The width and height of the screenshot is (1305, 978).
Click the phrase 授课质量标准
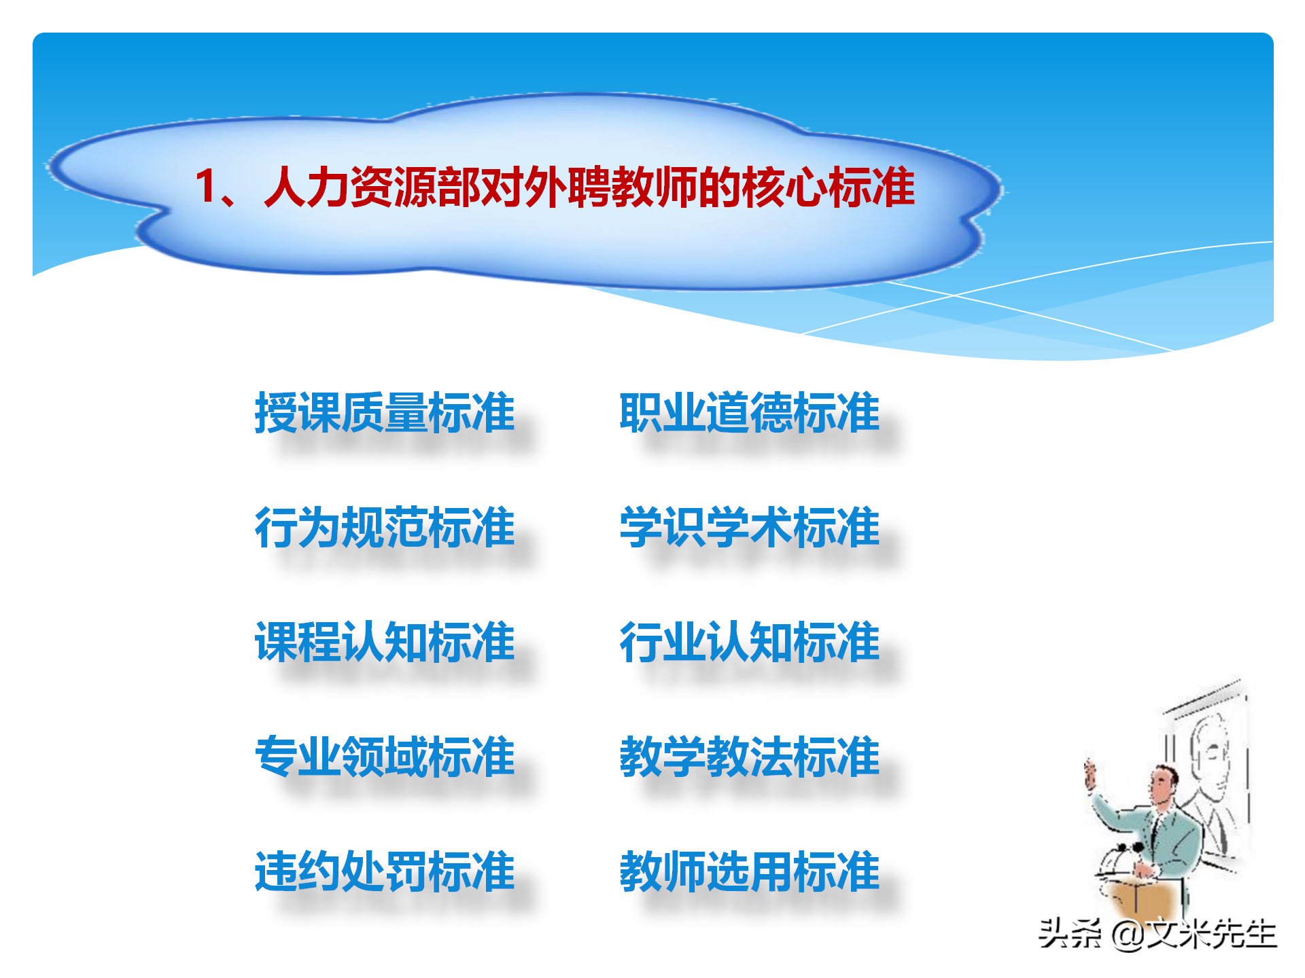pyautogui.click(x=385, y=412)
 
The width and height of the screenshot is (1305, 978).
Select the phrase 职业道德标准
pyautogui.click(x=749, y=412)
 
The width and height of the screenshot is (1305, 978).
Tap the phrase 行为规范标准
pyautogui.click(x=385, y=527)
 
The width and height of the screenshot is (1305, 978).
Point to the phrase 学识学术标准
pyautogui.click(x=749, y=527)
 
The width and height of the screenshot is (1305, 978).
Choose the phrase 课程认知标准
pyautogui.click(x=385, y=642)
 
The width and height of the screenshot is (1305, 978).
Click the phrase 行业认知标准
pyautogui.click(x=749, y=642)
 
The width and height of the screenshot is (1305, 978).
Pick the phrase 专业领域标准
pyautogui.click(x=385, y=757)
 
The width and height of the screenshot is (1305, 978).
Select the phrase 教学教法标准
pyautogui.click(x=749, y=757)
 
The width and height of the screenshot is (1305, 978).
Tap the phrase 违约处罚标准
pyautogui.click(x=385, y=871)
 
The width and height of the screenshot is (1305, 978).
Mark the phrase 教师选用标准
pyautogui.click(x=749, y=871)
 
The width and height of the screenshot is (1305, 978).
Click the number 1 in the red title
pyautogui.click(x=205, y=187)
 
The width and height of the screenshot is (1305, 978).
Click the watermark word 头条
pyautogui.click(x=1070, y=934)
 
